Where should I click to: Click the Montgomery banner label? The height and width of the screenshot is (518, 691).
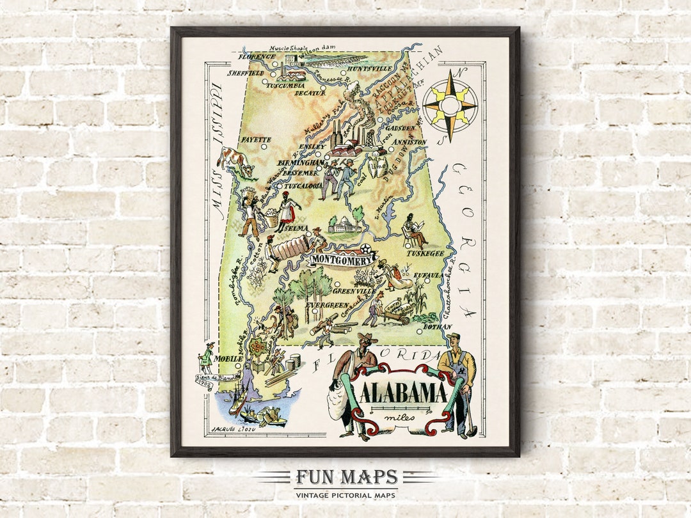(343, 260)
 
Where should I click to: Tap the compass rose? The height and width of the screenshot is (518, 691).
(450, 105)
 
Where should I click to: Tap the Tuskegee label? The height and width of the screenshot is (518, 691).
(425, 253)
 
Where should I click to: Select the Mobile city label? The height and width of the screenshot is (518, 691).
(228, 359)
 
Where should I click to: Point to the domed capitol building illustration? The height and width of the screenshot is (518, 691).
(345, 223)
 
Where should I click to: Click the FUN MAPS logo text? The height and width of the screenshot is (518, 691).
(346, 478)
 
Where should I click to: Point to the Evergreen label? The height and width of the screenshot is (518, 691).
(326, 306)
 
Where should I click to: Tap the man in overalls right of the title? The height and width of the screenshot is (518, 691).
(459, 384)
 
